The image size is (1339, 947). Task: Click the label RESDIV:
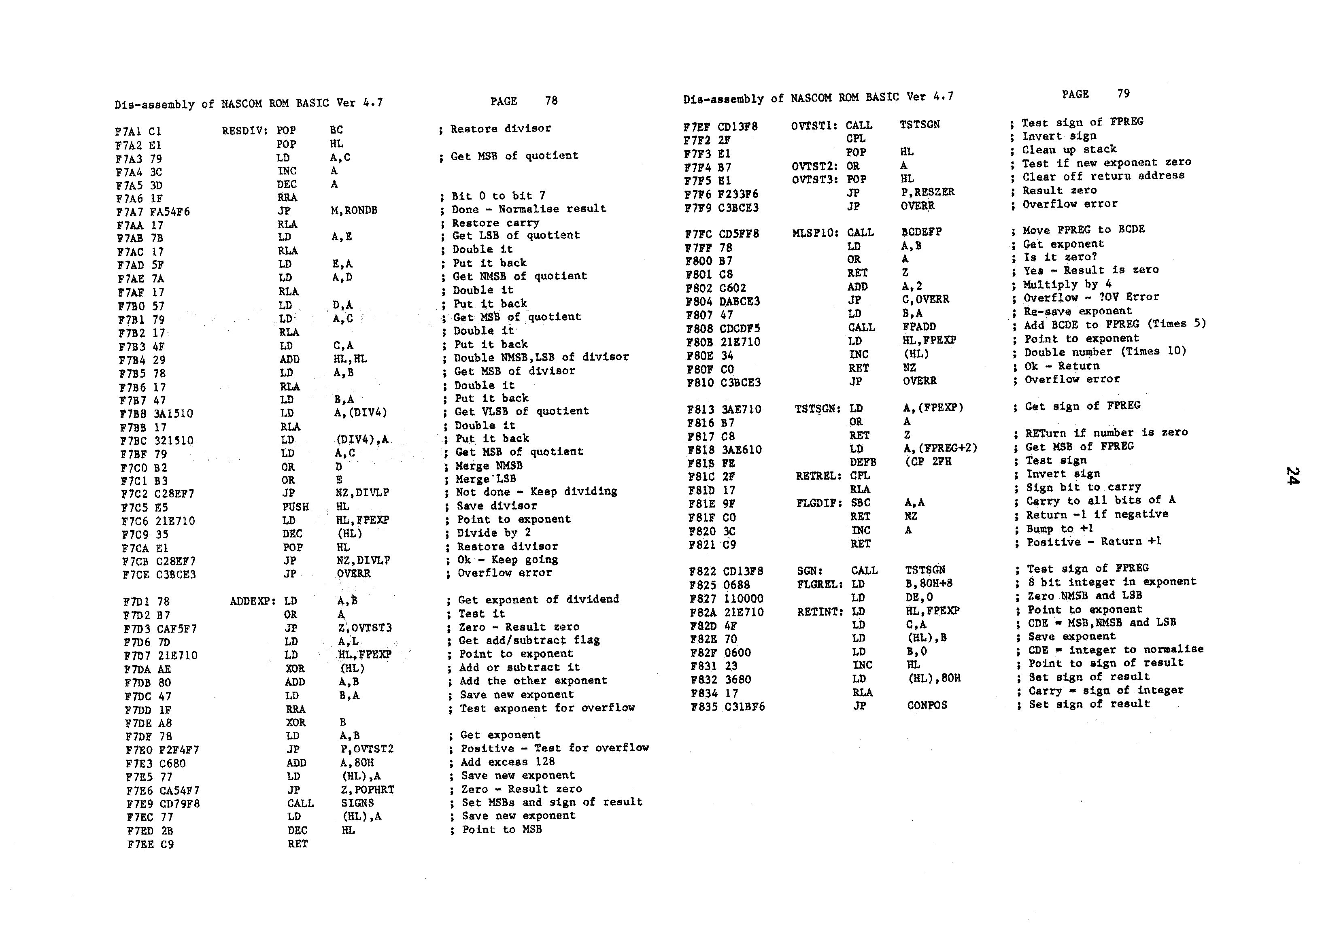tap(244, 131)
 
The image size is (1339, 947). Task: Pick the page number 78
tap(551, 101)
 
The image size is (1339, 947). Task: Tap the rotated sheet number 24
tap(1291, 476)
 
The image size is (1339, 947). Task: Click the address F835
tap(701, 707)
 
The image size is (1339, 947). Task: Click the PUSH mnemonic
tap(295, 507)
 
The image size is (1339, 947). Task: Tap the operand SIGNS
tap(357, 803)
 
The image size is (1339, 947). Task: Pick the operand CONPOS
tap(927, 705)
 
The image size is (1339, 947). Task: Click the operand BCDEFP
tap(921, 232)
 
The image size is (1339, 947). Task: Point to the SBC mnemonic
tap(860, 503)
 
